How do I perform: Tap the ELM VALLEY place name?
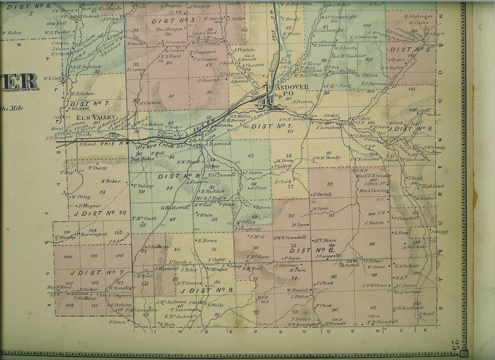[85, 117]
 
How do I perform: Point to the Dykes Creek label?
[141, 147]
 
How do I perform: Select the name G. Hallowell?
[175, 208]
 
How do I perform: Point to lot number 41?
[171, 96]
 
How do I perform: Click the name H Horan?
[207, 240]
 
